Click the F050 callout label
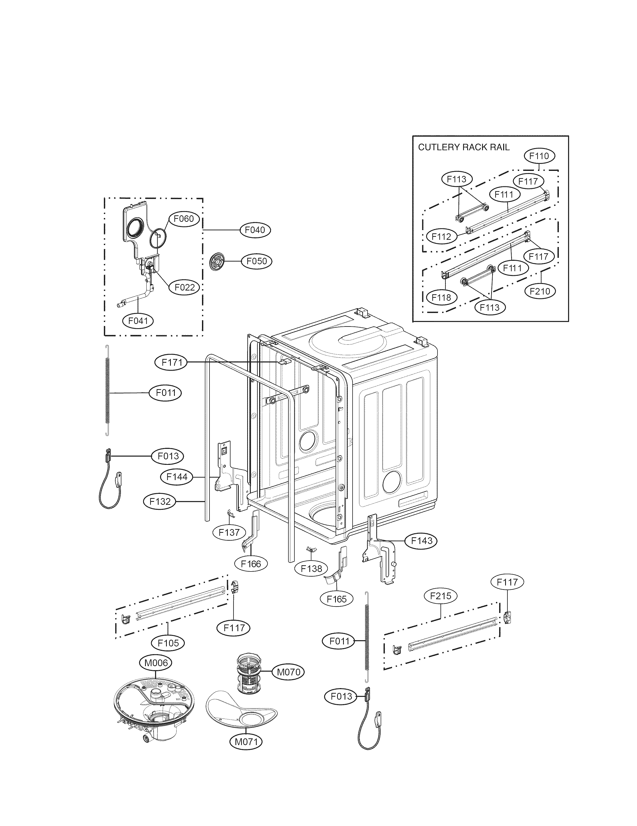(x=257, y=261)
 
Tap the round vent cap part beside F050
(x=217, y=261)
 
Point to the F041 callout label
(x=138, y=321)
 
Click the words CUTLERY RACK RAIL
(x=463, y=147)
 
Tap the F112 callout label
(x=441, y=237)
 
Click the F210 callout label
(x=540, y=291)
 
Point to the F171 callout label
(x=172, y=363)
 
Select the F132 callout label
(x=160, y=502)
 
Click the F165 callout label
(x=336, y=599)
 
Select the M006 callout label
(x=156, y=663)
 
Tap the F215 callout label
(x=441, y=596)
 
